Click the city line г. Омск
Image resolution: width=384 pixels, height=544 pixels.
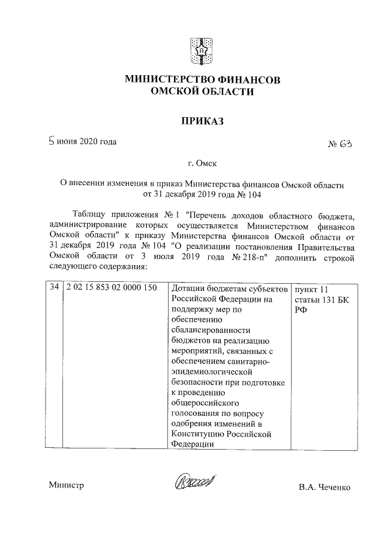coord(201,164)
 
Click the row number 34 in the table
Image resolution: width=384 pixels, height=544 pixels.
coord(53,288)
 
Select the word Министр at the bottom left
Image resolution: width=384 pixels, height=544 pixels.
coord(66,486)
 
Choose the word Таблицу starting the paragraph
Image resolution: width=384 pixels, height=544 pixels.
coord(91,215)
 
